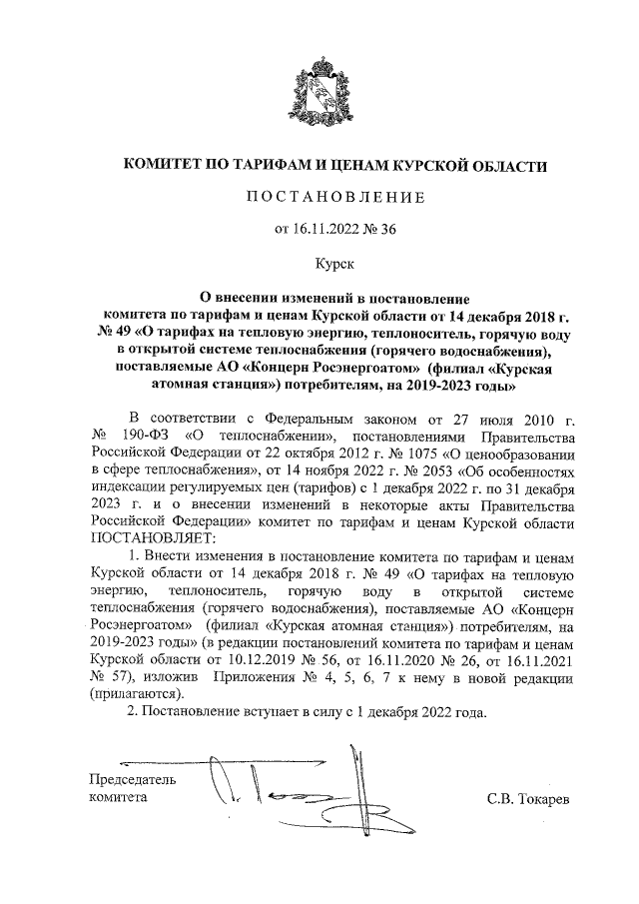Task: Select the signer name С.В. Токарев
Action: pyautogui.click(x=528, y=800)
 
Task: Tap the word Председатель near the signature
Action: pyautogui.click(x=132, y=779)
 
